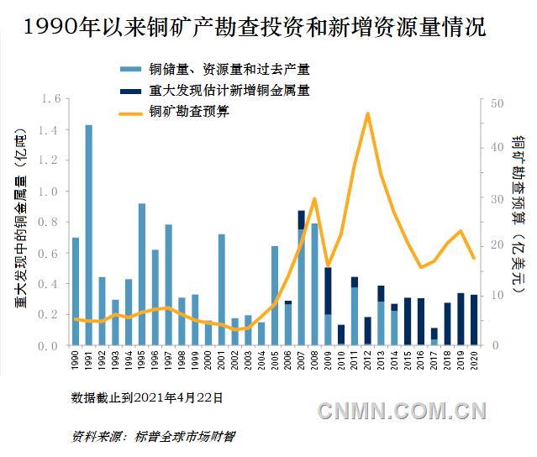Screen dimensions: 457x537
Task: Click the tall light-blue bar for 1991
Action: [88, 235]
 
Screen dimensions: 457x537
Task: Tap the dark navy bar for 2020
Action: [474, 320]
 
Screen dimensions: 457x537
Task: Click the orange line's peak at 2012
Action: [367, 113]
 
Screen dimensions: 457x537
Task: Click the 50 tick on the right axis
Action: [496, 102]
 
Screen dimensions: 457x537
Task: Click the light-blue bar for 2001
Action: [222, 290]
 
